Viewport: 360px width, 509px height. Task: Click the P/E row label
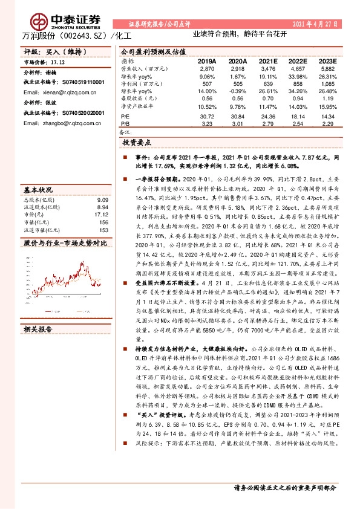(125, 116)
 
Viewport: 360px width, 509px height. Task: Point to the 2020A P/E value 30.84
(238, 116)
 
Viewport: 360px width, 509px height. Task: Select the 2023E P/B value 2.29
(328, 123)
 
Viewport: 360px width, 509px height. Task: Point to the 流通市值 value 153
(103, 230)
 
